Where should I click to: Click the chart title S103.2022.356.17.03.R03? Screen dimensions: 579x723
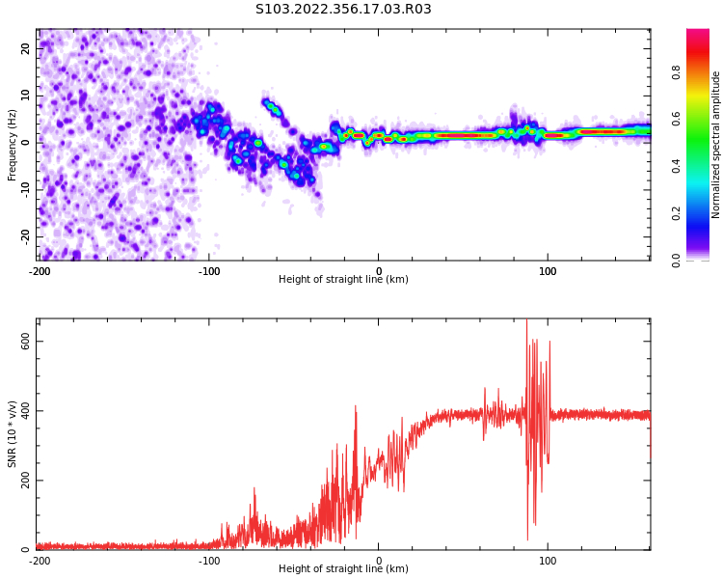coord(343,10)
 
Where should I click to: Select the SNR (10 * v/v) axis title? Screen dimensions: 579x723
coord(13,434)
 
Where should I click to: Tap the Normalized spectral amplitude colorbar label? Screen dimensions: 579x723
coord(716,145)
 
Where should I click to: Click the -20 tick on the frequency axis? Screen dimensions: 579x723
coord(24,235)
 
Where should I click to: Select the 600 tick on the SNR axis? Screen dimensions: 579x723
coord(21,342)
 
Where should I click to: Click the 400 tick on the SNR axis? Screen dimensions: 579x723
coord(21,411)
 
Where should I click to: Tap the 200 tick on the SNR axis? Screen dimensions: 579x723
coord(21,481)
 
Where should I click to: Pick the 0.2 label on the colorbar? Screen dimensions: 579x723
coord(676,213)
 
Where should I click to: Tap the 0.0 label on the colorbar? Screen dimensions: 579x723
coord(676,260)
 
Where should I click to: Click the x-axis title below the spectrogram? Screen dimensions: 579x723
coord(343,280)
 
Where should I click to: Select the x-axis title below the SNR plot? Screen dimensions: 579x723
coord(343,569)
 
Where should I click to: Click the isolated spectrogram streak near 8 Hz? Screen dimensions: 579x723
coord(272,106)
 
